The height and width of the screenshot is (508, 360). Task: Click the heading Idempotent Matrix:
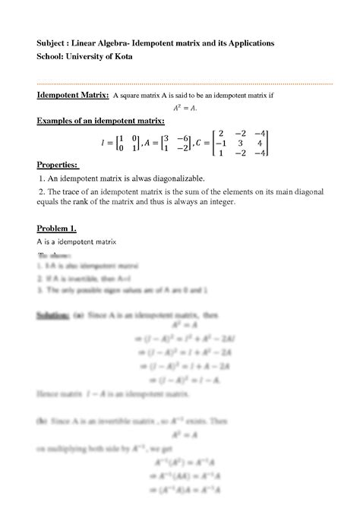click(71, 96)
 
